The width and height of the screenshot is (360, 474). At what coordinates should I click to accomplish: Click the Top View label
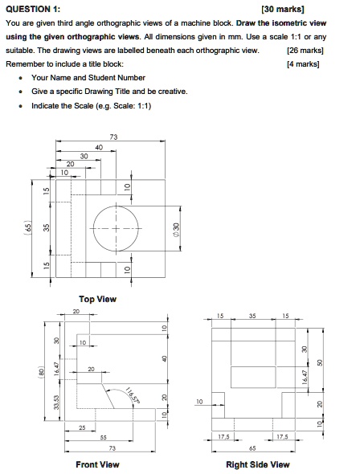[x=97, y=300]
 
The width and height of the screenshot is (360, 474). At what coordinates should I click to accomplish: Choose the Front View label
[x=97, y=464]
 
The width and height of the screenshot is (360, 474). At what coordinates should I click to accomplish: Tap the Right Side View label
[x=258, y=464]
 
